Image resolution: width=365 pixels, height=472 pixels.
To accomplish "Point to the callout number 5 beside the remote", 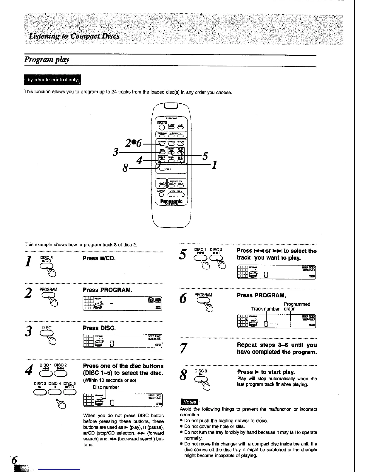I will tap(205, 156).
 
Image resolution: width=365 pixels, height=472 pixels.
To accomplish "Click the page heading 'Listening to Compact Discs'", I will tap(74, 36).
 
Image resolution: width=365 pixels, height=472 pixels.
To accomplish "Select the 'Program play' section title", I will tap(47, 60).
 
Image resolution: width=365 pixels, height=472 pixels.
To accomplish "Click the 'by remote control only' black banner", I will tap(52, 80).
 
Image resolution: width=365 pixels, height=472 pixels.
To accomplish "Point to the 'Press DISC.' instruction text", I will tap(99, 328).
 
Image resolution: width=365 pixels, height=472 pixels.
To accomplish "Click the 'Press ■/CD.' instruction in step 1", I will tap(99, 258).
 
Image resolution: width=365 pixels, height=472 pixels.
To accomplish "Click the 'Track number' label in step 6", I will tap(265, 309).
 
